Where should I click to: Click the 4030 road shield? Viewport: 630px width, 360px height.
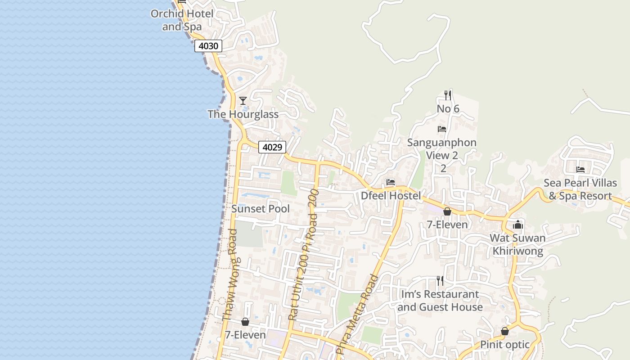(x=208, y=45)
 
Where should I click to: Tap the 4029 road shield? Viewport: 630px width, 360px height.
(x=272, y=147)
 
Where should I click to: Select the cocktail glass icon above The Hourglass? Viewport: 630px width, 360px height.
(x=243, y=100)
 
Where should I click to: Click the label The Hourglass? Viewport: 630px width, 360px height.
(x=243, y=114)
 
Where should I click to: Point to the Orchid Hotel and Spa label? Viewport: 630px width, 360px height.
(x=182, y=20)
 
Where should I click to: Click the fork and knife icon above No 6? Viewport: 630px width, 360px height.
(x=448, y=95)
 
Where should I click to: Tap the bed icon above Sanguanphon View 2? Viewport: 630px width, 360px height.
(x=442, y=129)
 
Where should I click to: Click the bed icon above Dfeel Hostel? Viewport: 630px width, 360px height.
(x=391, y=182)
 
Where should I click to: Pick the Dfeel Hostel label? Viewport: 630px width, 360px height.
(x=391, y=196)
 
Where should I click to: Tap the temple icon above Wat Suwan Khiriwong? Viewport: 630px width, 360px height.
(x=518, y=224)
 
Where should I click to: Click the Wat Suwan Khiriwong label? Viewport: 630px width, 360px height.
(x=517, y=244)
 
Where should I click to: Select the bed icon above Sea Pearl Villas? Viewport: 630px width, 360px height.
(x=580, y=170)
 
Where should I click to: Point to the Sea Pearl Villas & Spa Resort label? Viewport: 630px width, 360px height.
(x=580, y=189)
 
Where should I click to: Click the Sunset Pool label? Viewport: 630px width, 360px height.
(x=261, y=209)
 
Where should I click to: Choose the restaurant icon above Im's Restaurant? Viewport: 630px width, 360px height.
(x=440, y=281)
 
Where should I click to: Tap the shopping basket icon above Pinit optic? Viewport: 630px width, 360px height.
(x=505, y=331)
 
